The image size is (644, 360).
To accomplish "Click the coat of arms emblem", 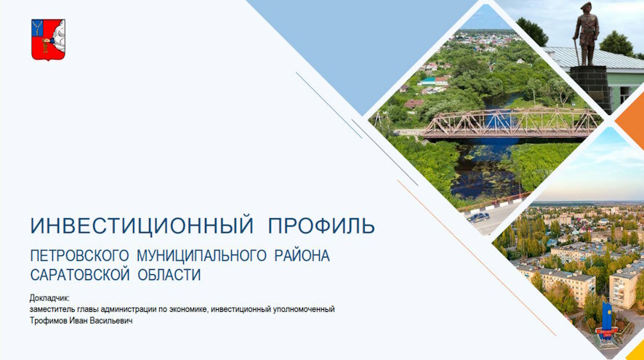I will pyautogui.click(x=48, y=39).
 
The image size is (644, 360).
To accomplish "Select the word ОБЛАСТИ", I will pyautogui.click(x=170, y=275).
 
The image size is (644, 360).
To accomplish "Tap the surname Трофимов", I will pyautogui.click(x=49, y=320).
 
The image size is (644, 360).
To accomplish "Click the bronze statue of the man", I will pyautogui.click(x=585, y=32).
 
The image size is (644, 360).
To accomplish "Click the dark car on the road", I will pyautogui.click(x=478, y=217).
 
